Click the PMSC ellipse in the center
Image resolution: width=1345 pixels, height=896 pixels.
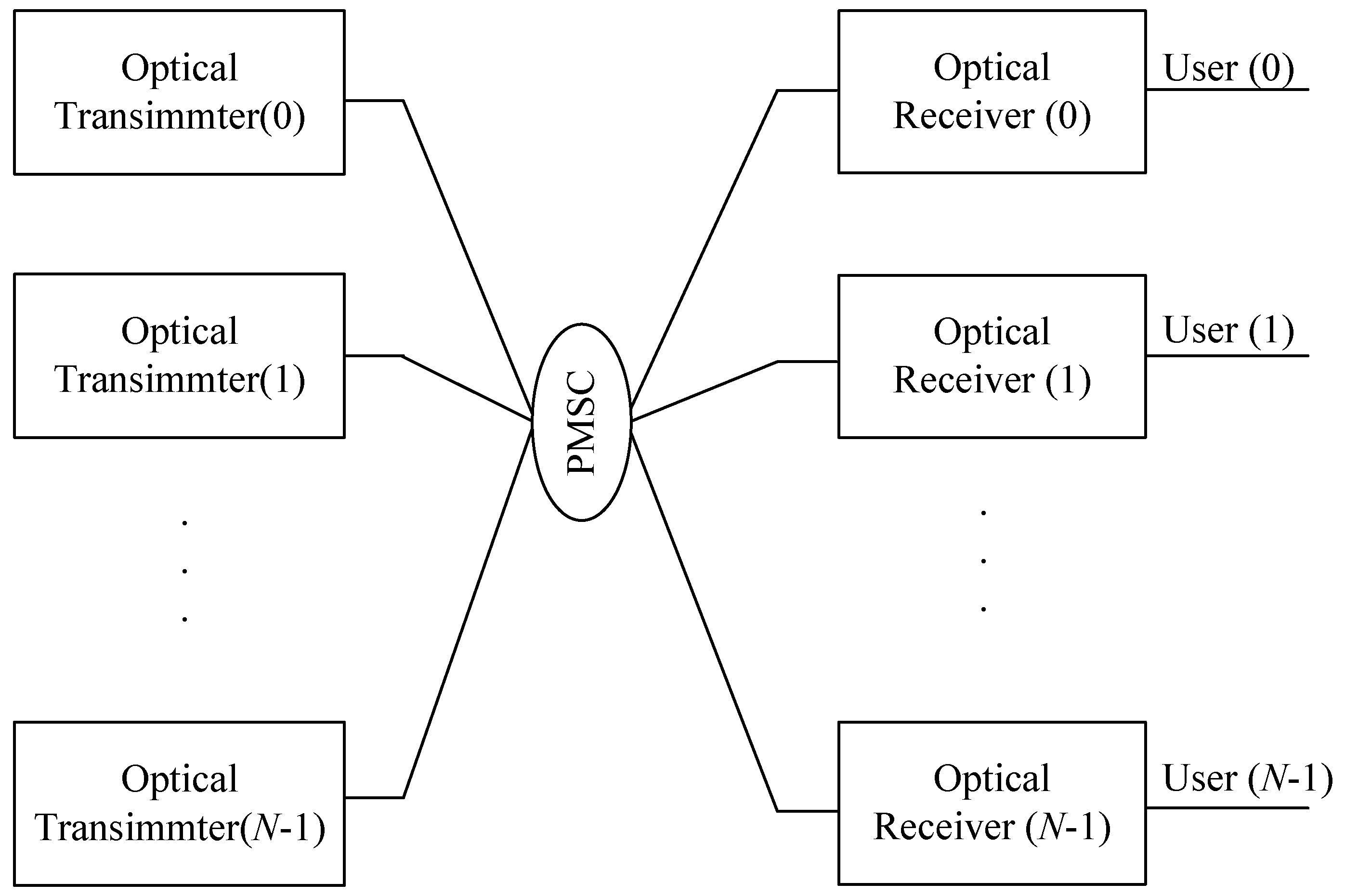point(581,422)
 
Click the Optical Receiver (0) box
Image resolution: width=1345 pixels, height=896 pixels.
point(992,91)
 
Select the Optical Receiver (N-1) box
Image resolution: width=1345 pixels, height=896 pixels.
point(992,803)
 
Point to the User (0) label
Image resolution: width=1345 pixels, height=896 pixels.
point(1228,68)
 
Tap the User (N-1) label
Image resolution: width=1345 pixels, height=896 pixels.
point(1247,779)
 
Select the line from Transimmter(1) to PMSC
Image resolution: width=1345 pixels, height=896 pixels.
point(468,388)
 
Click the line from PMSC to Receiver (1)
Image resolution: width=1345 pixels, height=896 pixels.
point(704,391)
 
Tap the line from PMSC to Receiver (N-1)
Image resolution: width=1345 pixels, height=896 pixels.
point(704,620)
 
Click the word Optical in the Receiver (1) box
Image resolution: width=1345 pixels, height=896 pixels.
point(992,331)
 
